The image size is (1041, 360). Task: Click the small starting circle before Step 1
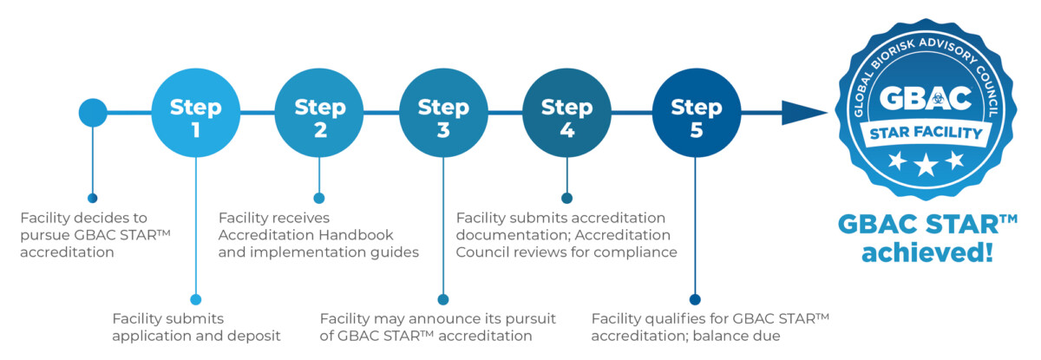click(x=93, y=112)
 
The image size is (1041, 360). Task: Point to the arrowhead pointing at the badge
click(x=802, y=113)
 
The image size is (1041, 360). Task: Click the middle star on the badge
click(x=926, y=163)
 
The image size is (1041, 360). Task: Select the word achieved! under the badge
click(x=926, y=255)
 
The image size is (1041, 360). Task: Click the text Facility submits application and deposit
click(x=197, y=327)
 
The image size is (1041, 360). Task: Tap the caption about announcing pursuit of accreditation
click(x=437, y=327)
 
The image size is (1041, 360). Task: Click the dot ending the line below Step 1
click(x=195, y=299)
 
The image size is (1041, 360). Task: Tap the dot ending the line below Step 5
click(x=695, y=299)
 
